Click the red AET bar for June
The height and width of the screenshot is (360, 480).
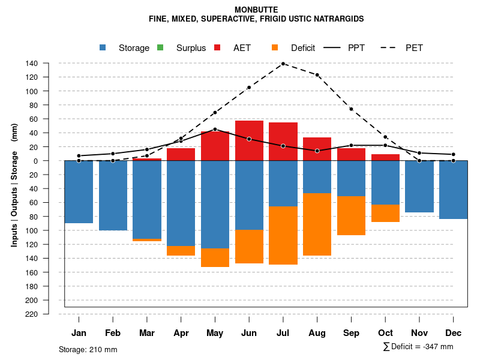[x=249, y=140]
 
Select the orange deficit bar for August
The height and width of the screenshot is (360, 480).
[x=317, y=224]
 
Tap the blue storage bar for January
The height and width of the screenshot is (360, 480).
[x=79, y=191]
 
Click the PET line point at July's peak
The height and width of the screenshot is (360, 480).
[x=283, y=64]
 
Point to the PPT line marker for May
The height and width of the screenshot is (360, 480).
[x=215, y=129]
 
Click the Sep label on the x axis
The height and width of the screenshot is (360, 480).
[x=352, y=333]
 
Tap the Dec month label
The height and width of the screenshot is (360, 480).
[x=454, y=333]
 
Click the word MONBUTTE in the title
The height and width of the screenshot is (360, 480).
[x=256, y=10]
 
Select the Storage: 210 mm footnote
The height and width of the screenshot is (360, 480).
[x=88, y=349]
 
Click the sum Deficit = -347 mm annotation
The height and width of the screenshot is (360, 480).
[x=418, y=347]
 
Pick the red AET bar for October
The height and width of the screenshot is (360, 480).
[x=385, y=157]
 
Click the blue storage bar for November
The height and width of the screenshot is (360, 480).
[x=419, y=187]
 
